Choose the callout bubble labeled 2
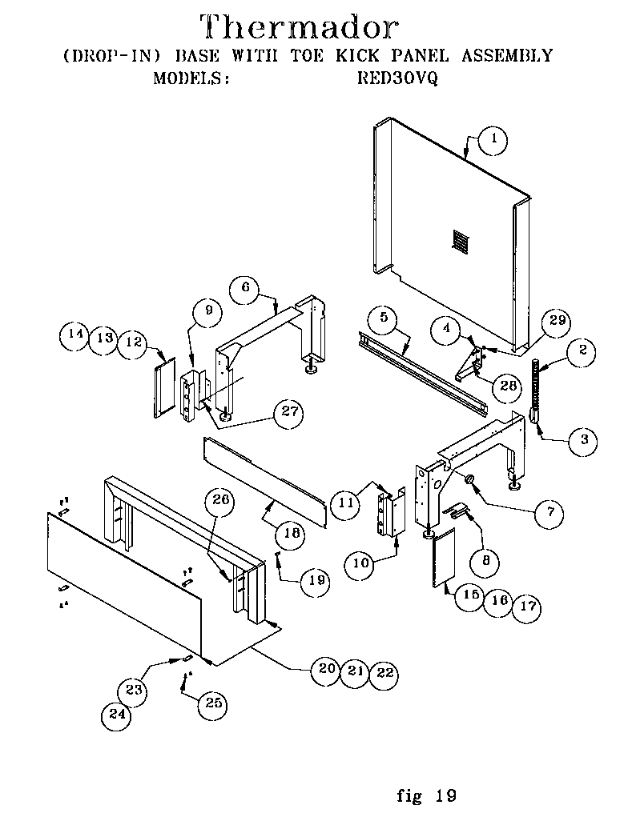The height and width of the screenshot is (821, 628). click(x=582, y=349)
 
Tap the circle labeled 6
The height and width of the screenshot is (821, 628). click(x=245, y=288)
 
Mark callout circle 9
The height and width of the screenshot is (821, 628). click(x=207, y=313)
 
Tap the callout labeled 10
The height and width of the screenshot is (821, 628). click(x=360, y=563)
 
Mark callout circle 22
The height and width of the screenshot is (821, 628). click(x=384, y=672)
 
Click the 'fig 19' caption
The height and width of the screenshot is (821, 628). click(x=426, y=795)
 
